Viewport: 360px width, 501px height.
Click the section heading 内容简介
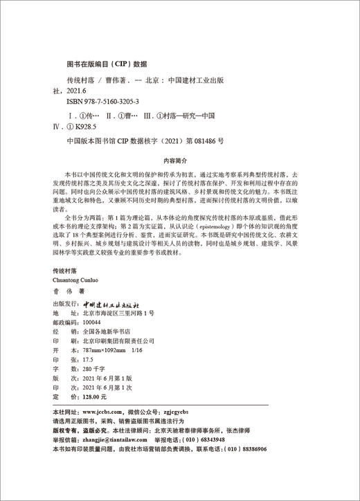(x=179, y=157)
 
